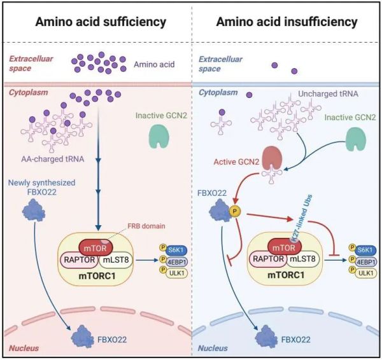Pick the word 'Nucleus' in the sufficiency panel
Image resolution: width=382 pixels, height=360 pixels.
point(24,349)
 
